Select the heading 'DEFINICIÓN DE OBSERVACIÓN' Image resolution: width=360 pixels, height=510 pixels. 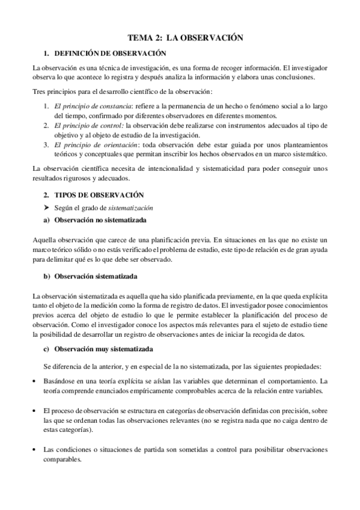109,54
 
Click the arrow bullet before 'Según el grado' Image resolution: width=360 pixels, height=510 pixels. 46,207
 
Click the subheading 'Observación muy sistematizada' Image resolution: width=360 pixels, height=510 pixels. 103,349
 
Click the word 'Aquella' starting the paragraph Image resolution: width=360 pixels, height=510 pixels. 45,239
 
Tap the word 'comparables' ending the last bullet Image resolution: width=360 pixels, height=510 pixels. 62,459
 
